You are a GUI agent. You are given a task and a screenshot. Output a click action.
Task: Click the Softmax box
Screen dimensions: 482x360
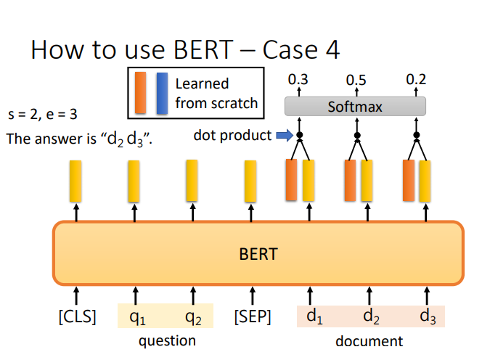click(x=355, y=107)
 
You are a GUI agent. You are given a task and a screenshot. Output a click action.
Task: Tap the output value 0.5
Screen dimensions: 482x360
click(x=356, y=81)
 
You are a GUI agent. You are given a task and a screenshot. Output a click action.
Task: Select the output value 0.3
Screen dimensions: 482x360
click(x=298, y=79)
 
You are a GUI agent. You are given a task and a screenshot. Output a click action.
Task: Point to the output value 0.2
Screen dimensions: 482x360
click(x=416, y=79)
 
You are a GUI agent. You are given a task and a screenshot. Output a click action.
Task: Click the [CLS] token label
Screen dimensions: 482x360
click(x=77, y=316)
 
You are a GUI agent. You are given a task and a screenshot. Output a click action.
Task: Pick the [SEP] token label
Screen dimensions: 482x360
click(x=253, y=316)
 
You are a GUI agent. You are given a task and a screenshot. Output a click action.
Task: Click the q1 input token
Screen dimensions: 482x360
click(x=137, y=317)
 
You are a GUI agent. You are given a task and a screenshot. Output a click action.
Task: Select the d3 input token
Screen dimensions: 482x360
click(x=428, y=316)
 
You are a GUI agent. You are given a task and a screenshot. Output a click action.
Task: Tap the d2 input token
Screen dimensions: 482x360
click(x=371, y=316)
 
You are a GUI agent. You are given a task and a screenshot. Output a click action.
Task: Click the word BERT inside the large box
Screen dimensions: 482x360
click(x=258, y=254)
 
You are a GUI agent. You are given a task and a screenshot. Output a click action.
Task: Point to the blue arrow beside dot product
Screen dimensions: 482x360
click(x=285, y=135)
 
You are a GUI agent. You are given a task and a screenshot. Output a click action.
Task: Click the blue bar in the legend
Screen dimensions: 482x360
click(x=162, y=93)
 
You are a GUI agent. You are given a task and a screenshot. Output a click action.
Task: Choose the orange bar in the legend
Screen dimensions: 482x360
click(x=141, y=93)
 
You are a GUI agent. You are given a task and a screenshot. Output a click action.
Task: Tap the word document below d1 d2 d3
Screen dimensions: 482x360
click(x=369, y=341)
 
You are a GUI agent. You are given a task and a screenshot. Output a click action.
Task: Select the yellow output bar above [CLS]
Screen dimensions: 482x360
click(x=75, y=181)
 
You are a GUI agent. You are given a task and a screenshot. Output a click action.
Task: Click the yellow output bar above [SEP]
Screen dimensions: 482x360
click(x=250, y=181)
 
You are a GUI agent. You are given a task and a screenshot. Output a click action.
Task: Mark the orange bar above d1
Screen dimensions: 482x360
click(x=291, y=180)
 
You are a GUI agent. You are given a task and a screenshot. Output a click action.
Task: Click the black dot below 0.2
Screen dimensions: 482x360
click(x=417, y=135)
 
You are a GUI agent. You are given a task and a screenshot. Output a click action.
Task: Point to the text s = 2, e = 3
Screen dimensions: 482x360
click(x=42, y=115)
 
